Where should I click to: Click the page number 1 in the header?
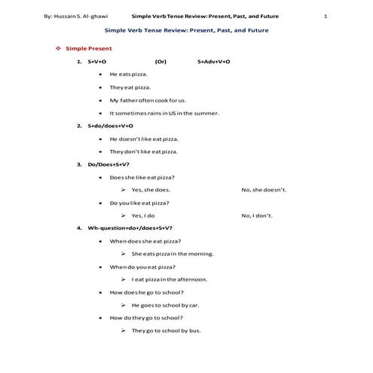point(325,15)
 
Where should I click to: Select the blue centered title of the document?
point(186,30)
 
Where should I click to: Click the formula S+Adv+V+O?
point(213,62)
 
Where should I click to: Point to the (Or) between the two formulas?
point(161,62)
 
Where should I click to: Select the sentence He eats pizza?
point(129,75)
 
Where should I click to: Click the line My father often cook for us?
point(148,99)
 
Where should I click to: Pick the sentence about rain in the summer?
point(164,112)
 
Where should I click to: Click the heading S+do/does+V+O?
point(110,126)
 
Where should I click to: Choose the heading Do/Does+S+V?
point(109,164)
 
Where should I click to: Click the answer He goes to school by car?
point(165,305)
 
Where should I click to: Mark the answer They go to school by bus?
point(166,331)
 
